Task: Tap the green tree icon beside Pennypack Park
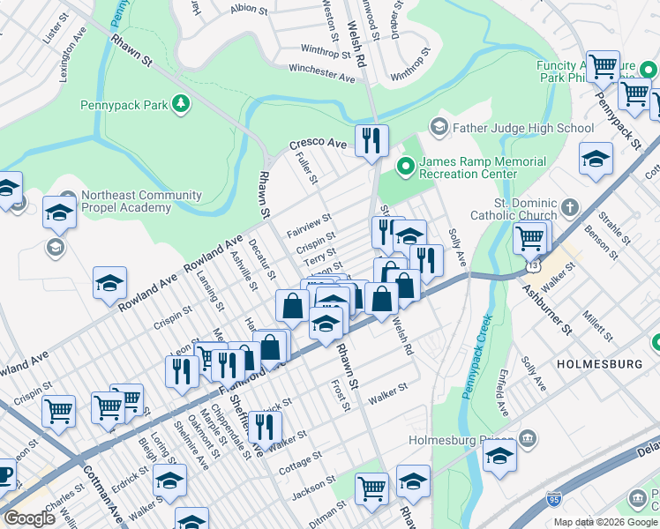tap(181, 105)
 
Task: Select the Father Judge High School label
tap(522, 128)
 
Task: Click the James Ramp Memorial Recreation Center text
tap(481, 168)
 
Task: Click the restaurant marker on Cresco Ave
tap(371, 139)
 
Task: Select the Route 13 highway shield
tap(531, 263)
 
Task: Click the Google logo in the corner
tap(29, 518)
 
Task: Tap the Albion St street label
tap(248, 9)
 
